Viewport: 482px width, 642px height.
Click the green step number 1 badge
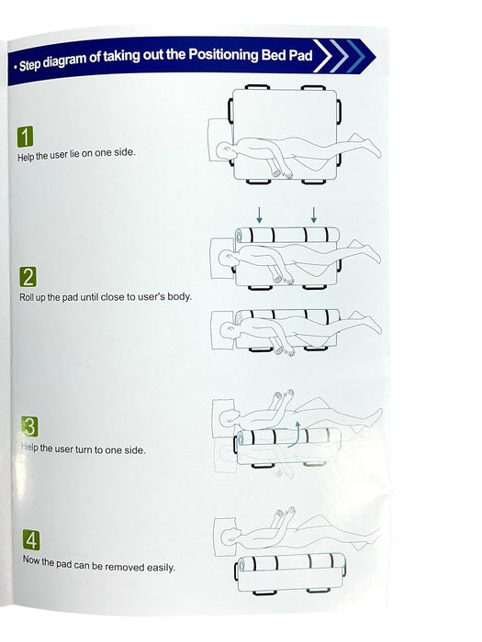(x=25, y=137)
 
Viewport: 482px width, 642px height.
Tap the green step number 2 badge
(x=28, y=277)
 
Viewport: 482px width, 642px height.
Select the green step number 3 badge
(x=29, y=426)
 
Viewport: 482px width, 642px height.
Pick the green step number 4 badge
(x=31, y=540)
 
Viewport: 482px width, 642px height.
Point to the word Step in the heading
(x=30, y=65)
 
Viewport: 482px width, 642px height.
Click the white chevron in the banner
(x=322, y=56)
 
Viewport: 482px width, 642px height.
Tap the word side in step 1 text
(x=124, y=152)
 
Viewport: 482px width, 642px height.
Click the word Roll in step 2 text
(x=27, y=297)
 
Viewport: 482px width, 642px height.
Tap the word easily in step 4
(x=161, y=568)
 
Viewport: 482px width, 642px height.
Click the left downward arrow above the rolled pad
(x=259, y=215)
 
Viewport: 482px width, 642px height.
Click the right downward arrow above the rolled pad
(x=314, y=215)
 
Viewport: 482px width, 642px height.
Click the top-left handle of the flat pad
(x=257, y=87)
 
